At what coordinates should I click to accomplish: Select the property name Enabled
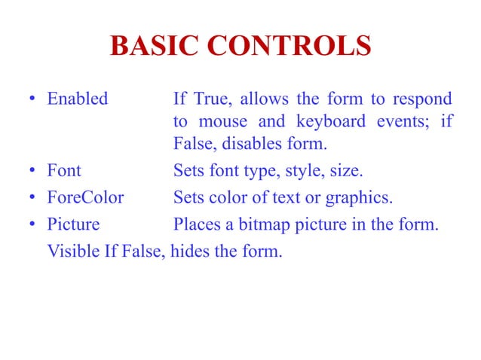coord(78,99)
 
